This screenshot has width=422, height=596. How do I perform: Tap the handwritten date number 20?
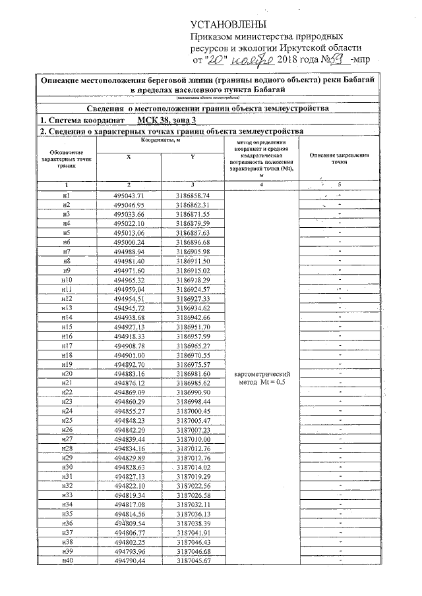coord(216,59)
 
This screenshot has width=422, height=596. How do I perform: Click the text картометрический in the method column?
coord(262,375)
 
